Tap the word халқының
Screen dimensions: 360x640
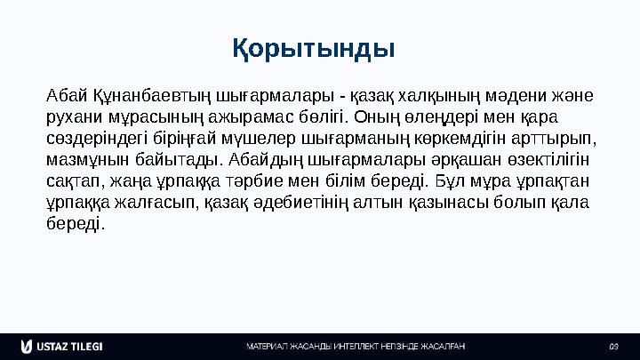pyautogui.click(x=440, y=95)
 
